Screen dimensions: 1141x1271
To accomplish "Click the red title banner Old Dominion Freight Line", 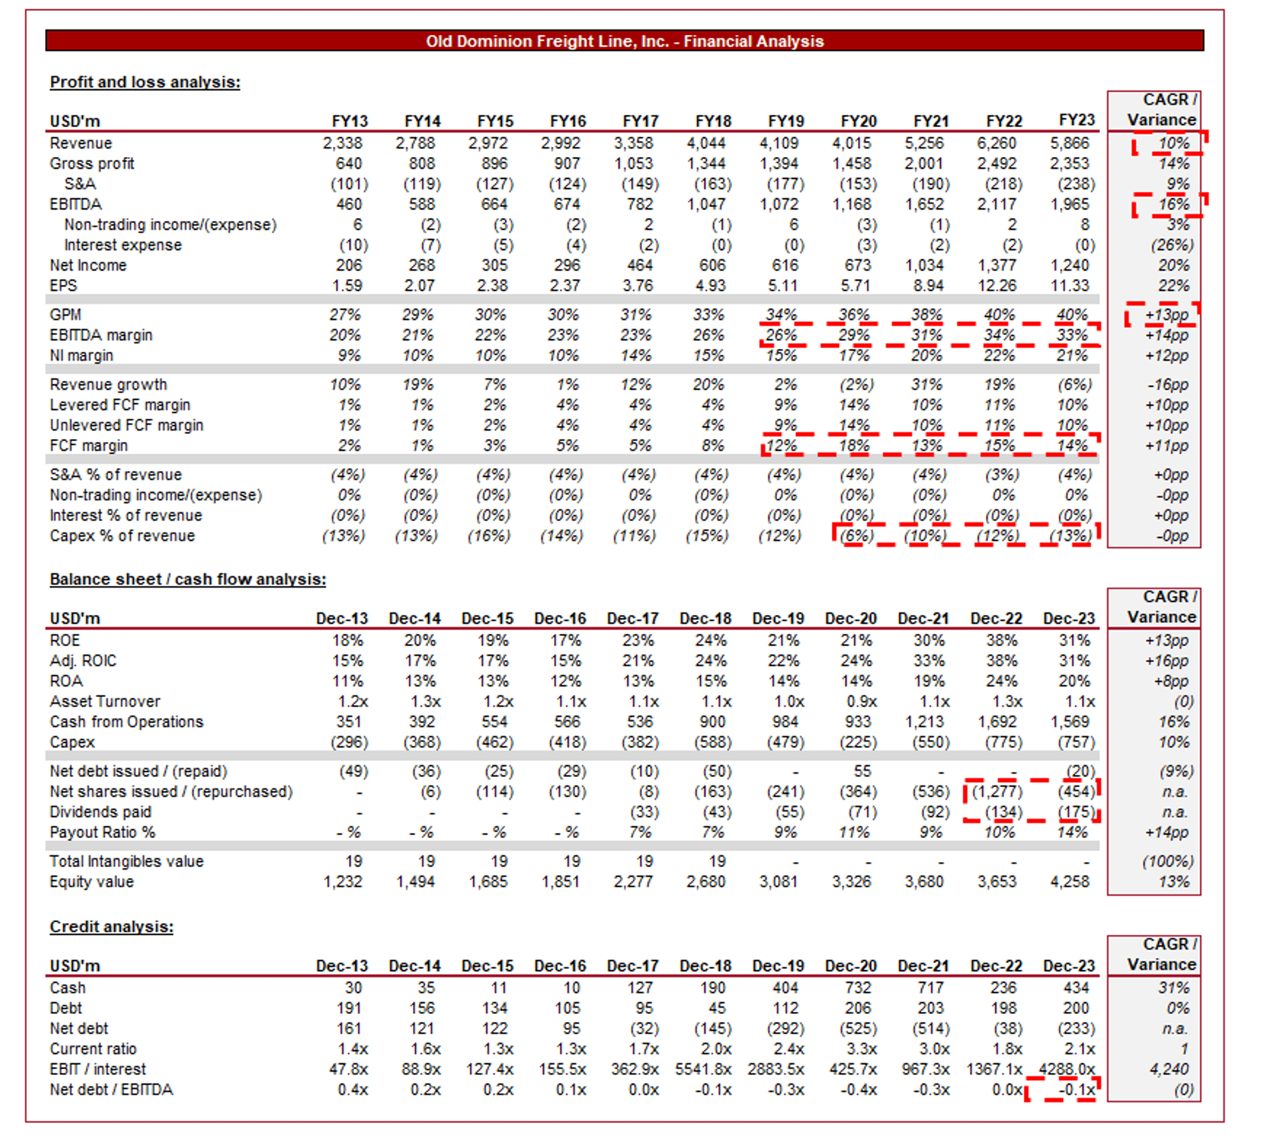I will click(624, 41).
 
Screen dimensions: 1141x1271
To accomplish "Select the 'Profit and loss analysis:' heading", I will click(145, 82).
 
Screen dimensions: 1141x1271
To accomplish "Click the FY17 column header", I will click(641, 121).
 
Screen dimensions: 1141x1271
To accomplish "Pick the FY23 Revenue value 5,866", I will click(1070, 143).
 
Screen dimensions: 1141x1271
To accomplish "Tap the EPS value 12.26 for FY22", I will click(997, 285).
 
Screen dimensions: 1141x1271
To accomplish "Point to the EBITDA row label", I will click(76, 204).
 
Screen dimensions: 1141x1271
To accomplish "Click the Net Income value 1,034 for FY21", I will click(925, 265).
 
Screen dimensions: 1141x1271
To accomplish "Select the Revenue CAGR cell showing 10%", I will click(1173, 143).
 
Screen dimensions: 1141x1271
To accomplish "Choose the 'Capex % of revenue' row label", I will click(122, 536).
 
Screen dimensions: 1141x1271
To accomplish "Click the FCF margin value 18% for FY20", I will click(853, 445).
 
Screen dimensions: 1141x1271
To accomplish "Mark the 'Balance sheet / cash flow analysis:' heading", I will click(187, 579).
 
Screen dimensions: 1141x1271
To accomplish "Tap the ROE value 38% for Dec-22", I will click(1002, 640).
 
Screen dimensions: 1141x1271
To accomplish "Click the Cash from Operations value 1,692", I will click(997, 721).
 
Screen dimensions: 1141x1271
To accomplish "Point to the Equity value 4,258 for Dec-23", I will click(1070, 881).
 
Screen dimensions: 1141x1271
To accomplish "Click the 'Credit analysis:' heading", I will click(111, 926).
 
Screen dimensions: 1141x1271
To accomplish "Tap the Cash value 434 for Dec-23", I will click(1076, 987).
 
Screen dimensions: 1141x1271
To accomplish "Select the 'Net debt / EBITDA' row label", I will click(111, 1089).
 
